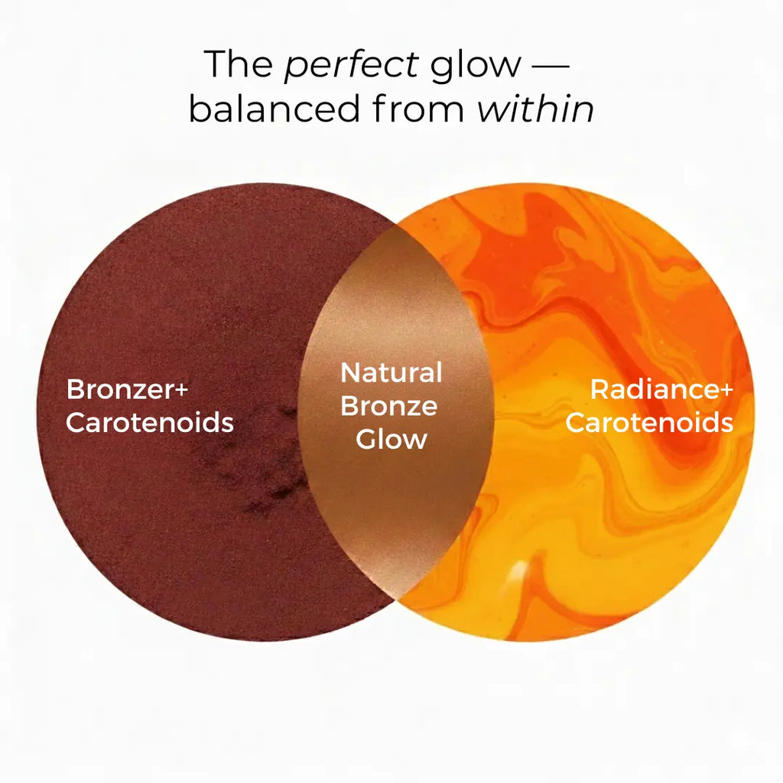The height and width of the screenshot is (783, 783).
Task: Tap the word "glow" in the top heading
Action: point(475,64)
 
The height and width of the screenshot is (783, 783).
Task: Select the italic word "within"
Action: point(535,109)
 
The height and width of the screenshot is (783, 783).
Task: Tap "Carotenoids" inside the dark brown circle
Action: point(150,422)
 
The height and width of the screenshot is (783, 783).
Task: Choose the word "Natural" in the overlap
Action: point(391,373)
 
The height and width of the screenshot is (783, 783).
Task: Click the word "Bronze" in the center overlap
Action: point(388,406)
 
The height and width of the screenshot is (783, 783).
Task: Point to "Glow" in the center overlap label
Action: point(391,439)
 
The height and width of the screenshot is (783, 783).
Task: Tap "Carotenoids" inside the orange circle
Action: point(649,422)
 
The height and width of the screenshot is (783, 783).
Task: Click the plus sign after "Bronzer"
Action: point(180,389)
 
